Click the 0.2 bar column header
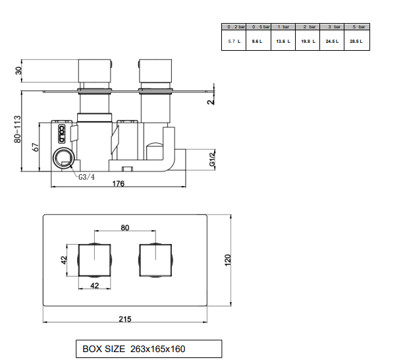click(x=234, y=27)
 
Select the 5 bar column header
click(x=357, y=27)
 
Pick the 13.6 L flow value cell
click(x=283, y=41)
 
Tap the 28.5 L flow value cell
click(x=357, y=41)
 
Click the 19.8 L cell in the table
click(x=308, y=41)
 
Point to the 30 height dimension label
click(x=18, y=71)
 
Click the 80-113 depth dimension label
click(x=17, y=129)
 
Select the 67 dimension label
click(x=36, y=147)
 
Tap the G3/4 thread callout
click(x=86, y=177)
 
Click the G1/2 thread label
click(x=212, y=160)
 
